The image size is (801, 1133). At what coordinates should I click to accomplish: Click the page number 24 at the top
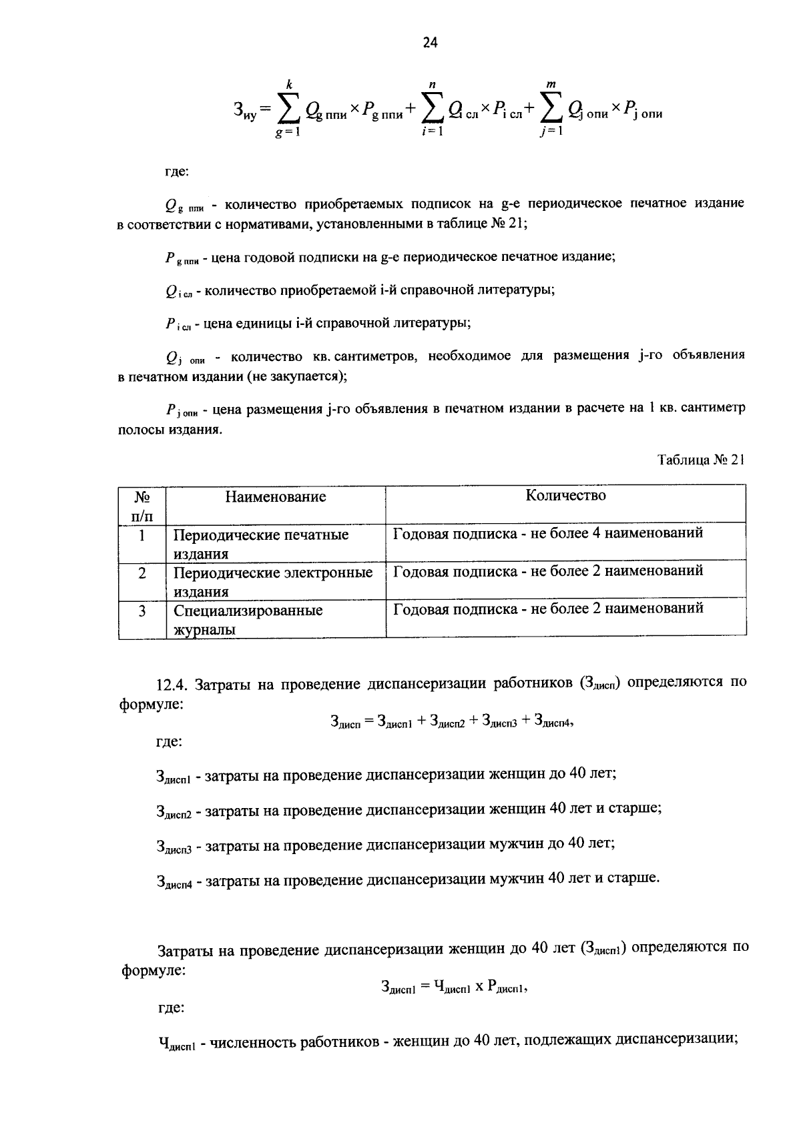(430, 43)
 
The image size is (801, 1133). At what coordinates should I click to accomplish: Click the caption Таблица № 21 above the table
(700, 460)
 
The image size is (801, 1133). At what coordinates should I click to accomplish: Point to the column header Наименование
(275, 497)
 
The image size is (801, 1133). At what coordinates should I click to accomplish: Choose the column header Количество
(565, 495)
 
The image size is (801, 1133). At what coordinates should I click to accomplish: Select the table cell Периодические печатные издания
(261, 544)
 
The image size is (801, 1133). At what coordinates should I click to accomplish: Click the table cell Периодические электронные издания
(273, 582)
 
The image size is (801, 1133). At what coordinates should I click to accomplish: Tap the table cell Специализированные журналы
(248, 620)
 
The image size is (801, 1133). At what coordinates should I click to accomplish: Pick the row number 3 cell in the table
(142, 610)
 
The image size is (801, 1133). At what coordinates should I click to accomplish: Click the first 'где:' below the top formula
(177, 171)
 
